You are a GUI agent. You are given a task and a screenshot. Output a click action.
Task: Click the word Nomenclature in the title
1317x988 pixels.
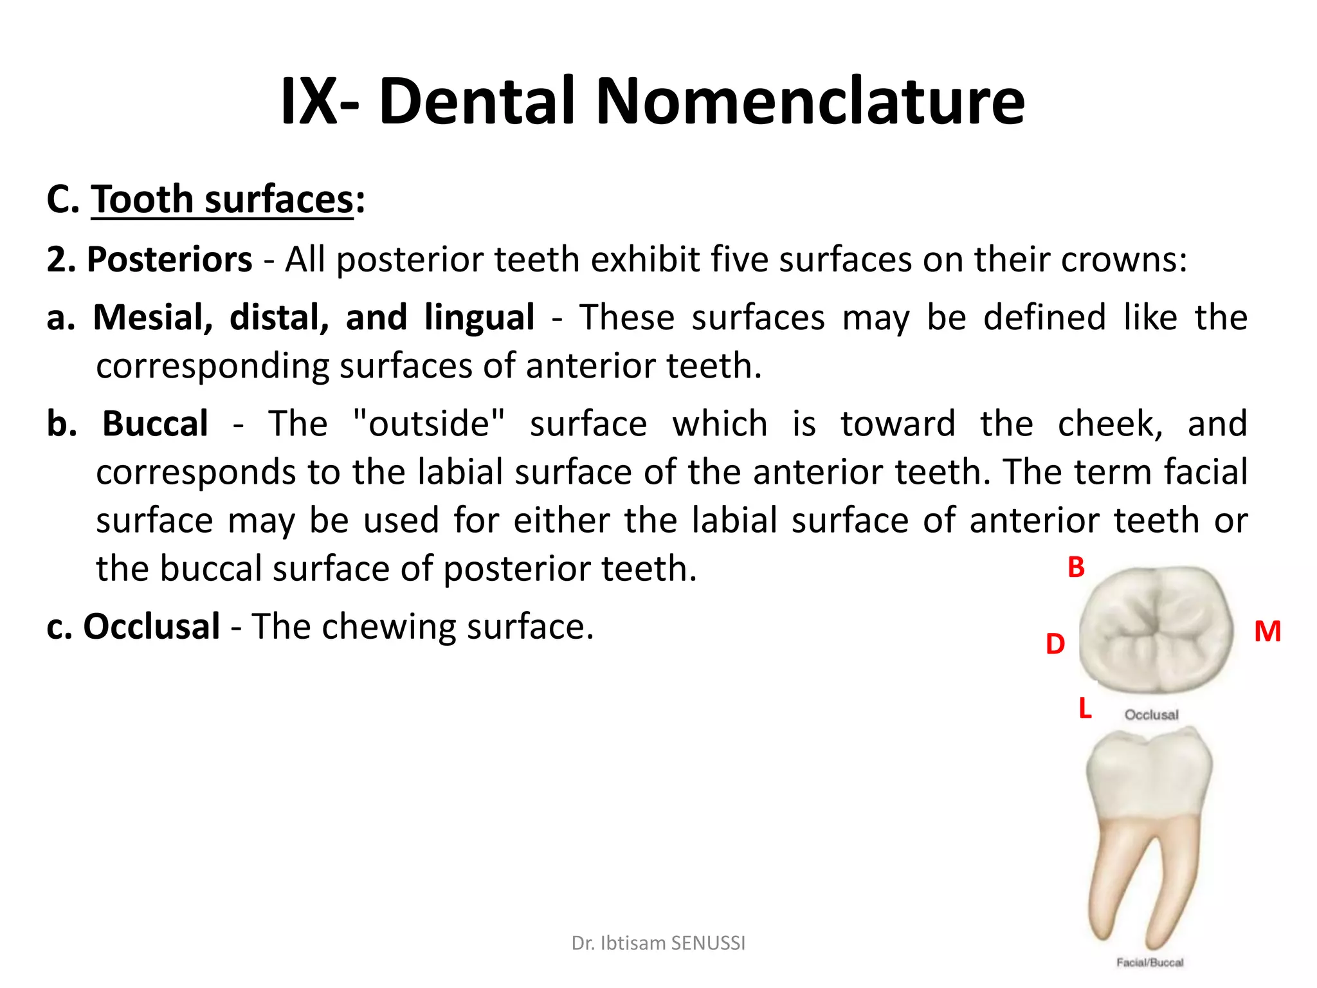pyautogui.click(x=810, y=102)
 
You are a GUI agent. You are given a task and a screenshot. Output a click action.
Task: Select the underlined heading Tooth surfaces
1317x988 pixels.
pyautogui.click(x=222, y=199)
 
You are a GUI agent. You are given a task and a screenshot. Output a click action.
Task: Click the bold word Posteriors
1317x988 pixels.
pyautogui.click(x=169, y=260)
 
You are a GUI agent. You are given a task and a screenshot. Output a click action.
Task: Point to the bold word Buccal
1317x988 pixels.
pyautogui.click(x=155, y=424)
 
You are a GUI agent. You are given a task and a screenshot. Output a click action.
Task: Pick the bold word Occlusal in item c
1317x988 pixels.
pyautogui.click(x=152, y=627)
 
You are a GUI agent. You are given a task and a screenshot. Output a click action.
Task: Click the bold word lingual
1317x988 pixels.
pyautogui.click(x=479, y=318)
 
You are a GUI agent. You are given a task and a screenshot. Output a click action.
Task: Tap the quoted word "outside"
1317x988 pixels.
pyautogui.click(x=429, y=424)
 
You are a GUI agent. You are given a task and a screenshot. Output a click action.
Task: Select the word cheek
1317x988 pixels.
pyautogui.click(x=1109, y=424)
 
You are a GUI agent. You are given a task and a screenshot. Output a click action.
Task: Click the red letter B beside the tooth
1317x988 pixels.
pyautogui.click(x=1076, y=567)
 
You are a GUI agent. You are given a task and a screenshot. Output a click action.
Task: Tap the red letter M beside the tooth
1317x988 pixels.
pyautogui.click(x=1267, y=632)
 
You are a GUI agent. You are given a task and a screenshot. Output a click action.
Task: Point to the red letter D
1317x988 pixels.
pyautogui.click(x=1055, y=644)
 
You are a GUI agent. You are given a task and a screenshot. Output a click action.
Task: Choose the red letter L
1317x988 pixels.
pyautogui.click(x=1085, y=708)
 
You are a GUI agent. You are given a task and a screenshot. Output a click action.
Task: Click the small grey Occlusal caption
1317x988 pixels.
pyautogui.click(x=1151, y=715)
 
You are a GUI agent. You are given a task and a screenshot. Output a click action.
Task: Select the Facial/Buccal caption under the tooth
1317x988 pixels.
pyautogui.click(x=1150, y=962)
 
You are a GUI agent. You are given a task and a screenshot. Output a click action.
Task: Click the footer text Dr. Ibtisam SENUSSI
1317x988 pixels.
pyautogui.click(x=658, y=943)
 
